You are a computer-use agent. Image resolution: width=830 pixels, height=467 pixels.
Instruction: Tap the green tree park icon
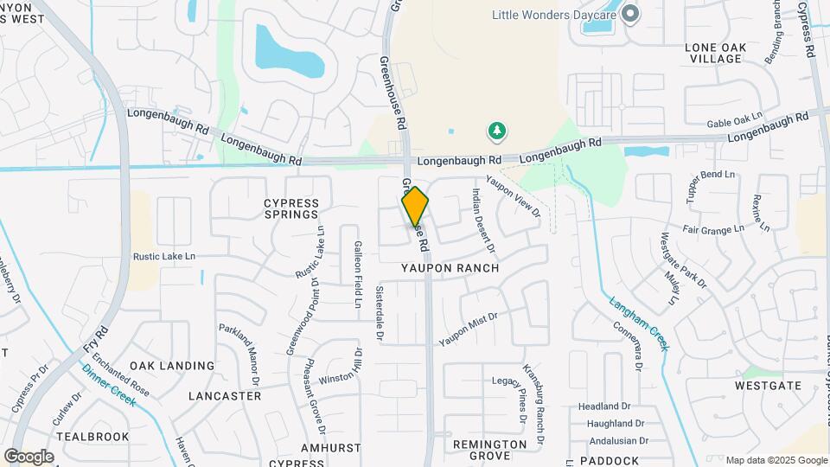pyautogui.click(x=497, y=131)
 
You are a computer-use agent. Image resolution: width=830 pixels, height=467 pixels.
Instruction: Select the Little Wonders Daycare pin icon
pyautogui.click(x=630, y=14)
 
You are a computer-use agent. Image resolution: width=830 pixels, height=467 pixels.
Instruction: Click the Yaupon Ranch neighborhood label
pyautogui.click(x=450, y=268)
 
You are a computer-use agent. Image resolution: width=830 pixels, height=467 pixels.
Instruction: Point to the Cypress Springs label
pyautogui.click(x=291, y=209)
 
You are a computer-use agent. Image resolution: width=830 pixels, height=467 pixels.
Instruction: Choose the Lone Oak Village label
pyautogui.click(x=713, y=52)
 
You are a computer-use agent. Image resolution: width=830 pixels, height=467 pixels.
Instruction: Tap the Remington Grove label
pyautogui.click(x=490, y=450)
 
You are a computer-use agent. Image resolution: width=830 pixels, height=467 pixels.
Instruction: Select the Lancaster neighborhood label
pyautogui.click(x=225, y=396)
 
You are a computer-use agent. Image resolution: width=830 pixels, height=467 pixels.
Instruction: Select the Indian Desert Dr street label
pyautogui.click(x=483, y=221)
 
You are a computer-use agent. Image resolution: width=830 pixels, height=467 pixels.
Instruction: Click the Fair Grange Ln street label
pyautogui.click(x=713, y=229)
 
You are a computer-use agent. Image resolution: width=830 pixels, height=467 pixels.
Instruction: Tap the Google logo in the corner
pyautogui.click(x=29, y=457)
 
